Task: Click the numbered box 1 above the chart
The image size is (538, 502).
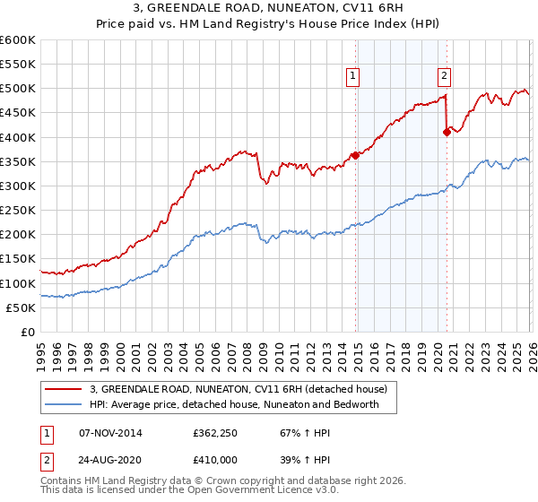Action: coord(353,77)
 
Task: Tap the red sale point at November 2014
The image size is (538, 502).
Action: coord(355,155)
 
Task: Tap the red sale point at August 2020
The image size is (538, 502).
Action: coord(447,132)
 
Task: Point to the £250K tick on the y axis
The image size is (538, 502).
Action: coord(18,210)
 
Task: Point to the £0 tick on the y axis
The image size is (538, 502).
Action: coord(27,332)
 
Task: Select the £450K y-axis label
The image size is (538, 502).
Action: coord(18,113)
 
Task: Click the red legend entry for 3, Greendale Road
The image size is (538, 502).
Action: coord(238,389)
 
